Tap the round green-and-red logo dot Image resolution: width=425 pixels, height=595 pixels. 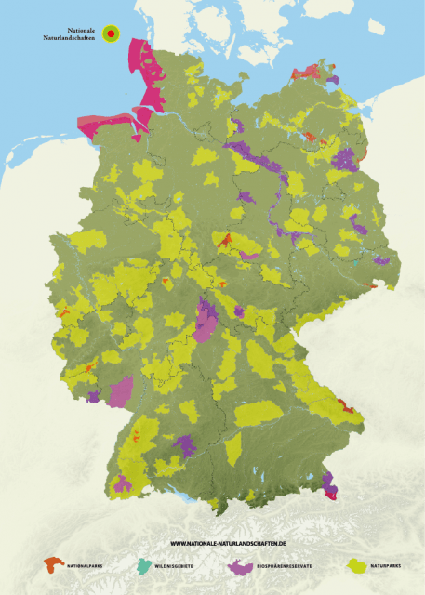click(x=111, y=33)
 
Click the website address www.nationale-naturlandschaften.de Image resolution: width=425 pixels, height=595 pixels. click(x=228, y=542)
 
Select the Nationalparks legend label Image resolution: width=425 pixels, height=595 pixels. click(x=86, y=565)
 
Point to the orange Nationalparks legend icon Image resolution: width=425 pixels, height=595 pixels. click(x=54, y=563)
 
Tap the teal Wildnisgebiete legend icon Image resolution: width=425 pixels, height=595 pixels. click(x=142, y=564)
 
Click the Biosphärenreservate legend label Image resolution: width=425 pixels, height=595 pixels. click(x=285, y=565)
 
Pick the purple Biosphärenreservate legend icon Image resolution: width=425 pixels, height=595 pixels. click(x=242, y=564)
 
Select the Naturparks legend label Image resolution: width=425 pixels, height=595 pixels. click(x=385, y=565)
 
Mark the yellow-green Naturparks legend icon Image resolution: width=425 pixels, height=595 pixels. click(x=356, y=563)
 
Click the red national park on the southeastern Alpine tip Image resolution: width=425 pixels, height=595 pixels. click(x=331, y=493)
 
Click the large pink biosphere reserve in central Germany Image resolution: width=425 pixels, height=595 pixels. click(x=206, y=321)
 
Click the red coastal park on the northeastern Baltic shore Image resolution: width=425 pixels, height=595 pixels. click(x=307, y=72)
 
